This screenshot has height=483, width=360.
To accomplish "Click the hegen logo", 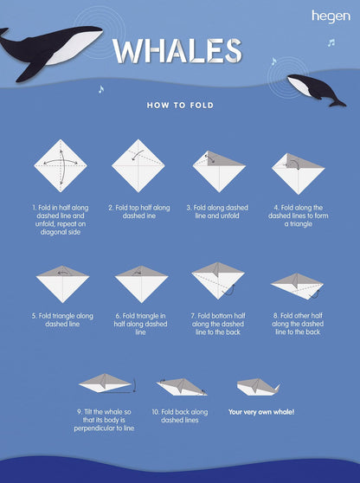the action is pos(331,16).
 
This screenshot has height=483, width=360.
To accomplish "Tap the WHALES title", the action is pos(177,51).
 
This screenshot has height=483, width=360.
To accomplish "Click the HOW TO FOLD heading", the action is pos(180,106).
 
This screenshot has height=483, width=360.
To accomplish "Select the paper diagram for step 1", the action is pos(61,165).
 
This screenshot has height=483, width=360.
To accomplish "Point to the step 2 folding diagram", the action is pos(138,165).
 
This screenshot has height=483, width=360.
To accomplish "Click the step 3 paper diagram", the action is pos(219,171).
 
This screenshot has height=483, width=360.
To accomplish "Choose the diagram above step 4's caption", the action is pos(298,174).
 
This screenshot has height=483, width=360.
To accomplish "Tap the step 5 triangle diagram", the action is pos(62,284).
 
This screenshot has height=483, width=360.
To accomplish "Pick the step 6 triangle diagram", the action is pos(141,284).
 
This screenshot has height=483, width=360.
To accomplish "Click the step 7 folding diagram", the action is pos(218,280).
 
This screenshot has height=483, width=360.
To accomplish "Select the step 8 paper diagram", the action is pos(297,287).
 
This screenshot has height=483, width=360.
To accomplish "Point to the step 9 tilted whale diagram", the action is pos(107,383).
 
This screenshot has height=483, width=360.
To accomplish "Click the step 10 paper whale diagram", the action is pos(182,387).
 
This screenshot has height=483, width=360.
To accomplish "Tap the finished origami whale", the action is pos(259,387).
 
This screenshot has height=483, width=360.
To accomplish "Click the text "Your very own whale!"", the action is pos(261,412).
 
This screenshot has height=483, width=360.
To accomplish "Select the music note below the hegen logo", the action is pos(331,42).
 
